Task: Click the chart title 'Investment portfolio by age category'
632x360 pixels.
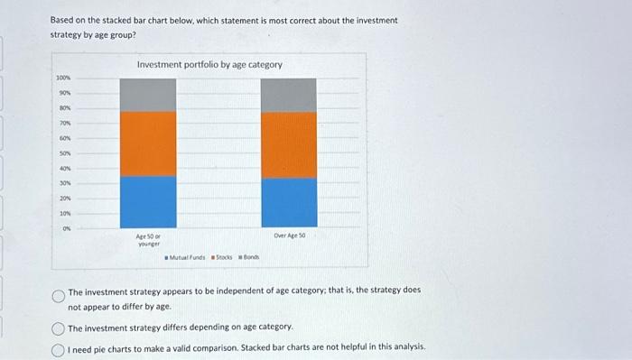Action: point(209,65)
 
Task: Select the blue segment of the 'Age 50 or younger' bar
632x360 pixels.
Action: point(147,201)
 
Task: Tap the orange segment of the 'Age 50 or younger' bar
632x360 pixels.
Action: point(147,143)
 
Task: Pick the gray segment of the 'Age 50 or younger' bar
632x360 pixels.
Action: point(147,95)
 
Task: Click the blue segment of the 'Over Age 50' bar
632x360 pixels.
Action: point(289,202)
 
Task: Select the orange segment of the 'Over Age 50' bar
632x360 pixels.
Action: point(289,144)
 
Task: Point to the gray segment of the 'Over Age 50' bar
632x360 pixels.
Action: point(289,95)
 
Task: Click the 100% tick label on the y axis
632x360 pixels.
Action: point(62,79)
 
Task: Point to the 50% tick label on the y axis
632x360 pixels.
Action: point(64,153)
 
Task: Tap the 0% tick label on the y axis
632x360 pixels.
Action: point(66,227)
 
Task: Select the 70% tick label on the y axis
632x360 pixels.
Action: point(64,124)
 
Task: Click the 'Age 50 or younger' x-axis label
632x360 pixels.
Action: point(148,239)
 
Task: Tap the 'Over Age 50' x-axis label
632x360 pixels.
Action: point(289,235)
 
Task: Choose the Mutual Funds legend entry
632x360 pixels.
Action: point(184,257)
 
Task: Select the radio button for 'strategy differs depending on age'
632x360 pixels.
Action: point(59,327)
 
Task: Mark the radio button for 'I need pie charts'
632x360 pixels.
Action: point(59,346)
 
